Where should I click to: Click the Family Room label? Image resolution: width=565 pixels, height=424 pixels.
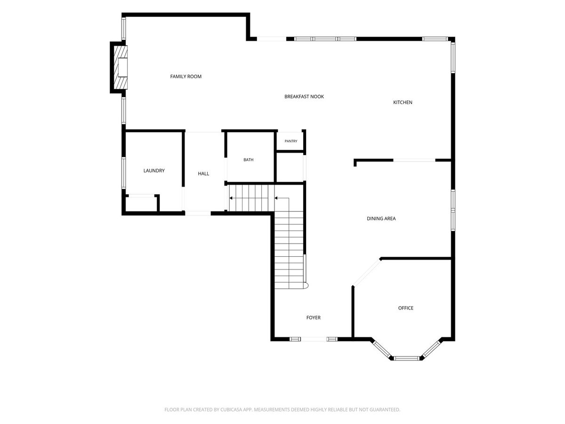186,76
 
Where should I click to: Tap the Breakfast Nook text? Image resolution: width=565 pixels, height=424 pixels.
304,97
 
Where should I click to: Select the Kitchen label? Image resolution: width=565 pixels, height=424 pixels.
403,102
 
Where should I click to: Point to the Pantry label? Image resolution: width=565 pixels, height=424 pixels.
291,141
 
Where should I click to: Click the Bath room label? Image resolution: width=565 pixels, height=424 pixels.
249,160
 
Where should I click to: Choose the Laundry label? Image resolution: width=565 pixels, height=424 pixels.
154,171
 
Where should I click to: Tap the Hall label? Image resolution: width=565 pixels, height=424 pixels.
203,173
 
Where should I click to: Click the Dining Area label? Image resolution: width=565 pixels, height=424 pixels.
381,219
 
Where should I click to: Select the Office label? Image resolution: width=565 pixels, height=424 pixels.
406,308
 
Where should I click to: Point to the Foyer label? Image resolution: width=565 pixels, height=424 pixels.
314,318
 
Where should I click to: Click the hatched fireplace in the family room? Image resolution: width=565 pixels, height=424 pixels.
121,67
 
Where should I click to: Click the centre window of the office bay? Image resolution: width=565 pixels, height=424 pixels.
406,358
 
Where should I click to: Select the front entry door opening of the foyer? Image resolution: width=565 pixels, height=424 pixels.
314,339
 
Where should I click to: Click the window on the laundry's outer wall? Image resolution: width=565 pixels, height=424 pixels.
124,173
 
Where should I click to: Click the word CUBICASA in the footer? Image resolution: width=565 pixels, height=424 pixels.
230,409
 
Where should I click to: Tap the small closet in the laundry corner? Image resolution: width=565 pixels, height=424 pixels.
141,204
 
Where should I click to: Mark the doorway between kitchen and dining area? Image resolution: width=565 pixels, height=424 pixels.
414,160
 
